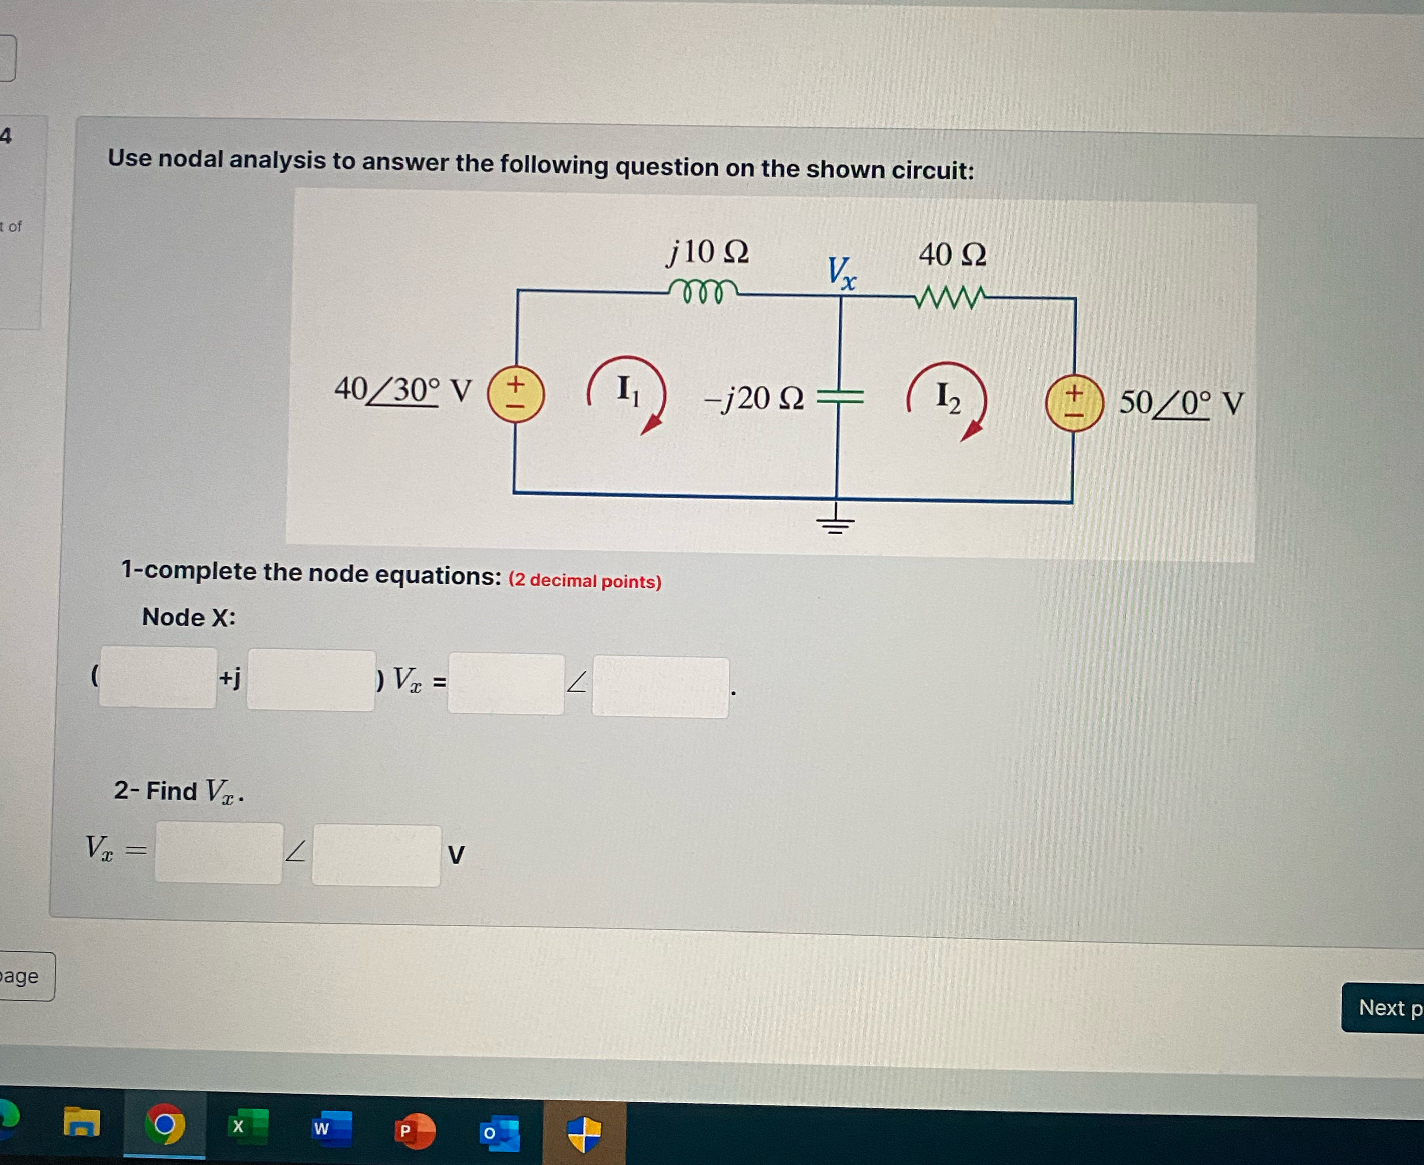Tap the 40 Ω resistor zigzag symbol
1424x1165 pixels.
950,297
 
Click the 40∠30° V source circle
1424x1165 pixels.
515,394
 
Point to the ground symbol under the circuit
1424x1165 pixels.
835,522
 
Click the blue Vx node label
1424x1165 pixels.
841,273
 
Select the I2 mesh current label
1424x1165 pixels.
947,397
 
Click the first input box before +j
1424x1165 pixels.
158,676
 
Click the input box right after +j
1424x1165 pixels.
310,680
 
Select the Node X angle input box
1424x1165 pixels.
660,687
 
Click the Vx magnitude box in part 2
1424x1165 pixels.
219,852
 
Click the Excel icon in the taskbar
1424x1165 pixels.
247,1126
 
